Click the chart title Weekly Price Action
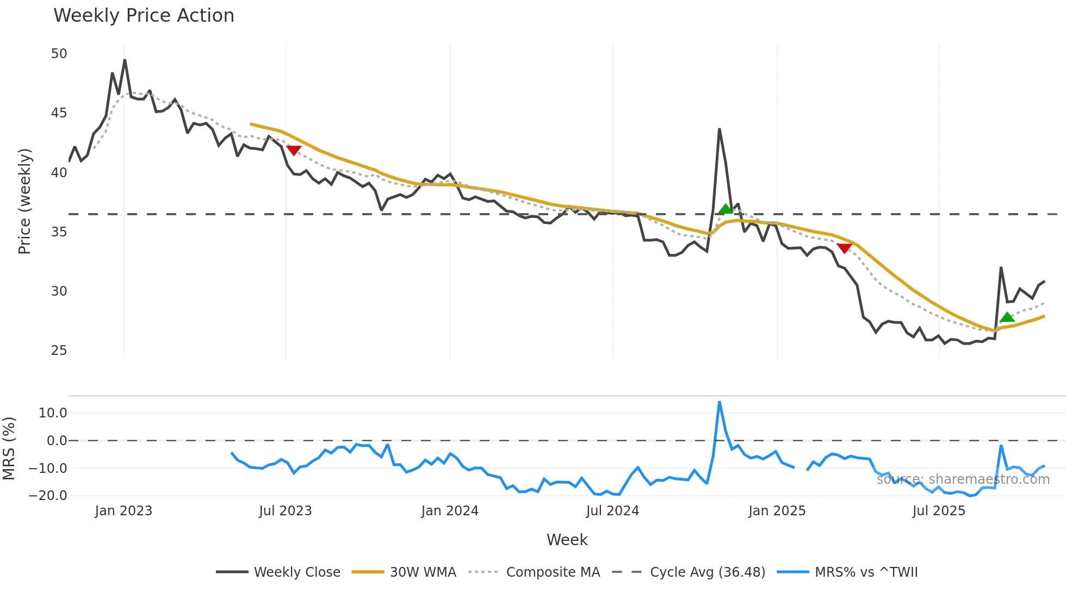pyautogui.click(x=144, y=16)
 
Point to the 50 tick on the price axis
pyautogui.click(x=59, y=54)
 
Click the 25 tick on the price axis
pyautogui.click(x=59, y=351)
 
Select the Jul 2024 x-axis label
pyautogui.click(x=612, y=511)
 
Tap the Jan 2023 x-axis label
pyautogui.click(x=123, y=511)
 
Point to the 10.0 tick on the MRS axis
pyautogui.click(x=53, y=413)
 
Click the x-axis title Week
pyautogui.click(x=567, y=540)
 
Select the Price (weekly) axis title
pyautogui.click(x=25, y=201)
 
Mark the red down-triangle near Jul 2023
pyautogui.click(x=294, y=151)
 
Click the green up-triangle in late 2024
pyautogui.click(x=726, y=209)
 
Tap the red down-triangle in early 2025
pyautogui.click(x=844, y=248)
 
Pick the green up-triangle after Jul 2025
pyautogui.click(x=1007, y=317)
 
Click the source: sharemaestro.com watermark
pyautogui.click(x=963, y=479)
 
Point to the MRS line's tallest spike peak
pyautogui.click(x=719, y=402)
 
